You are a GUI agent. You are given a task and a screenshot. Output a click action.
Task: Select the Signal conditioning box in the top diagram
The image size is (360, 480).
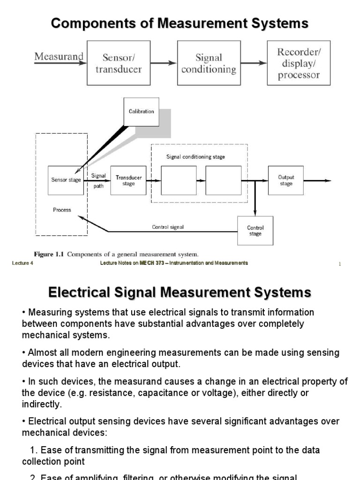[x=209, y=63]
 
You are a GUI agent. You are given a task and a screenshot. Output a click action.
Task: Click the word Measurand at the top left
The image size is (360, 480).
[x=59, y=57]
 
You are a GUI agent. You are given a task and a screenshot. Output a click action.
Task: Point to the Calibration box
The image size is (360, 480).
[x=141, y=112]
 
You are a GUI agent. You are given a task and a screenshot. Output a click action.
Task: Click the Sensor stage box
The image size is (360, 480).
[x=66, y=180]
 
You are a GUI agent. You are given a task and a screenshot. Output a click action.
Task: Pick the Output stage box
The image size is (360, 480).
[x=286, y=180]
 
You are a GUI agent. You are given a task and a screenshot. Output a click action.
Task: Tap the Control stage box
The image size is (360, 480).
[x=255, y=231]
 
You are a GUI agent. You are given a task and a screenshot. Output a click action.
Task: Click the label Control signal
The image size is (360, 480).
[x=168, y=227]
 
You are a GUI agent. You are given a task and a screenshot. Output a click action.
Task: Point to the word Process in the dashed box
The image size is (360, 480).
[x=62, y=210]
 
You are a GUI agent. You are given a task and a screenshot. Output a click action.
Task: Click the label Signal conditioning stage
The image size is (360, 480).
[x=195, y=157]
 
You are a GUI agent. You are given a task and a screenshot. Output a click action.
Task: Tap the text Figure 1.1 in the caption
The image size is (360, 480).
[x=52, y=254]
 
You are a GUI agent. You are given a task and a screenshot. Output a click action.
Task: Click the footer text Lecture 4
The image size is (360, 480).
[x=23, y=263]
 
